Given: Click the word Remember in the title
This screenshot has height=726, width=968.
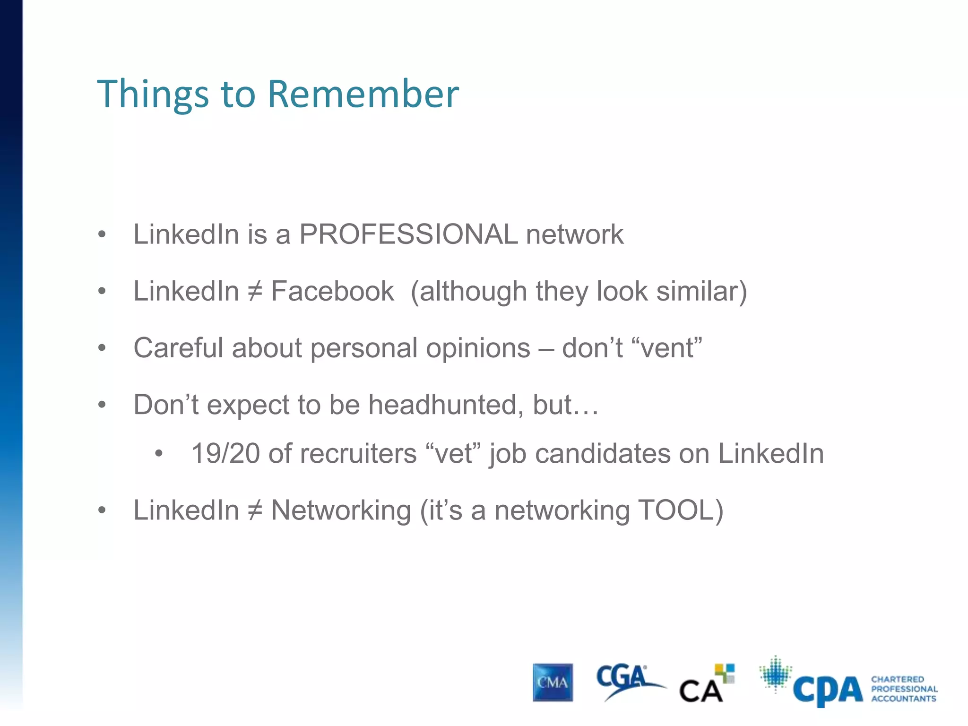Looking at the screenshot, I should click(363, 94).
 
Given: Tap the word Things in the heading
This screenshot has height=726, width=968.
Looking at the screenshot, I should click(153, 94).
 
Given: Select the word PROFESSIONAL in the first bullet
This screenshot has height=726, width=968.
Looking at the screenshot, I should click(408, 234).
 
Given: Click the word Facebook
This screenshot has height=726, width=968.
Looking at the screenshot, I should click(332, 291).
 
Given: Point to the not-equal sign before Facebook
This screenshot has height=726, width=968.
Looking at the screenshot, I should click(255, 291).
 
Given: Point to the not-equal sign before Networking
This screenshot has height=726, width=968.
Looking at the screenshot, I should click(255, 510).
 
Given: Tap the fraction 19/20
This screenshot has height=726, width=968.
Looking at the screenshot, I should click(225, 454).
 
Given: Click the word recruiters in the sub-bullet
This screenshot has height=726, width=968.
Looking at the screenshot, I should click(358, 454).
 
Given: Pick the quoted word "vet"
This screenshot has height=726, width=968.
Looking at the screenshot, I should click(453, 454).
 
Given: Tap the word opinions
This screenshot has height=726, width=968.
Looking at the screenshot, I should click(478, 348).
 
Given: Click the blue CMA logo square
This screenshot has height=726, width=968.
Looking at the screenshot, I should click(553, 683).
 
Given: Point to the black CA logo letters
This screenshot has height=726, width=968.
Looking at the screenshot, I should click(700, 691).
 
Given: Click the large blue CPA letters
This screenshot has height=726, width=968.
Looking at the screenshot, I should click(828, 690).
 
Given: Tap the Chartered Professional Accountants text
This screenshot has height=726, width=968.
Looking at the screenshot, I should click(904, 689).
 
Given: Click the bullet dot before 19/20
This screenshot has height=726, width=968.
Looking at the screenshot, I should click(159, 454).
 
